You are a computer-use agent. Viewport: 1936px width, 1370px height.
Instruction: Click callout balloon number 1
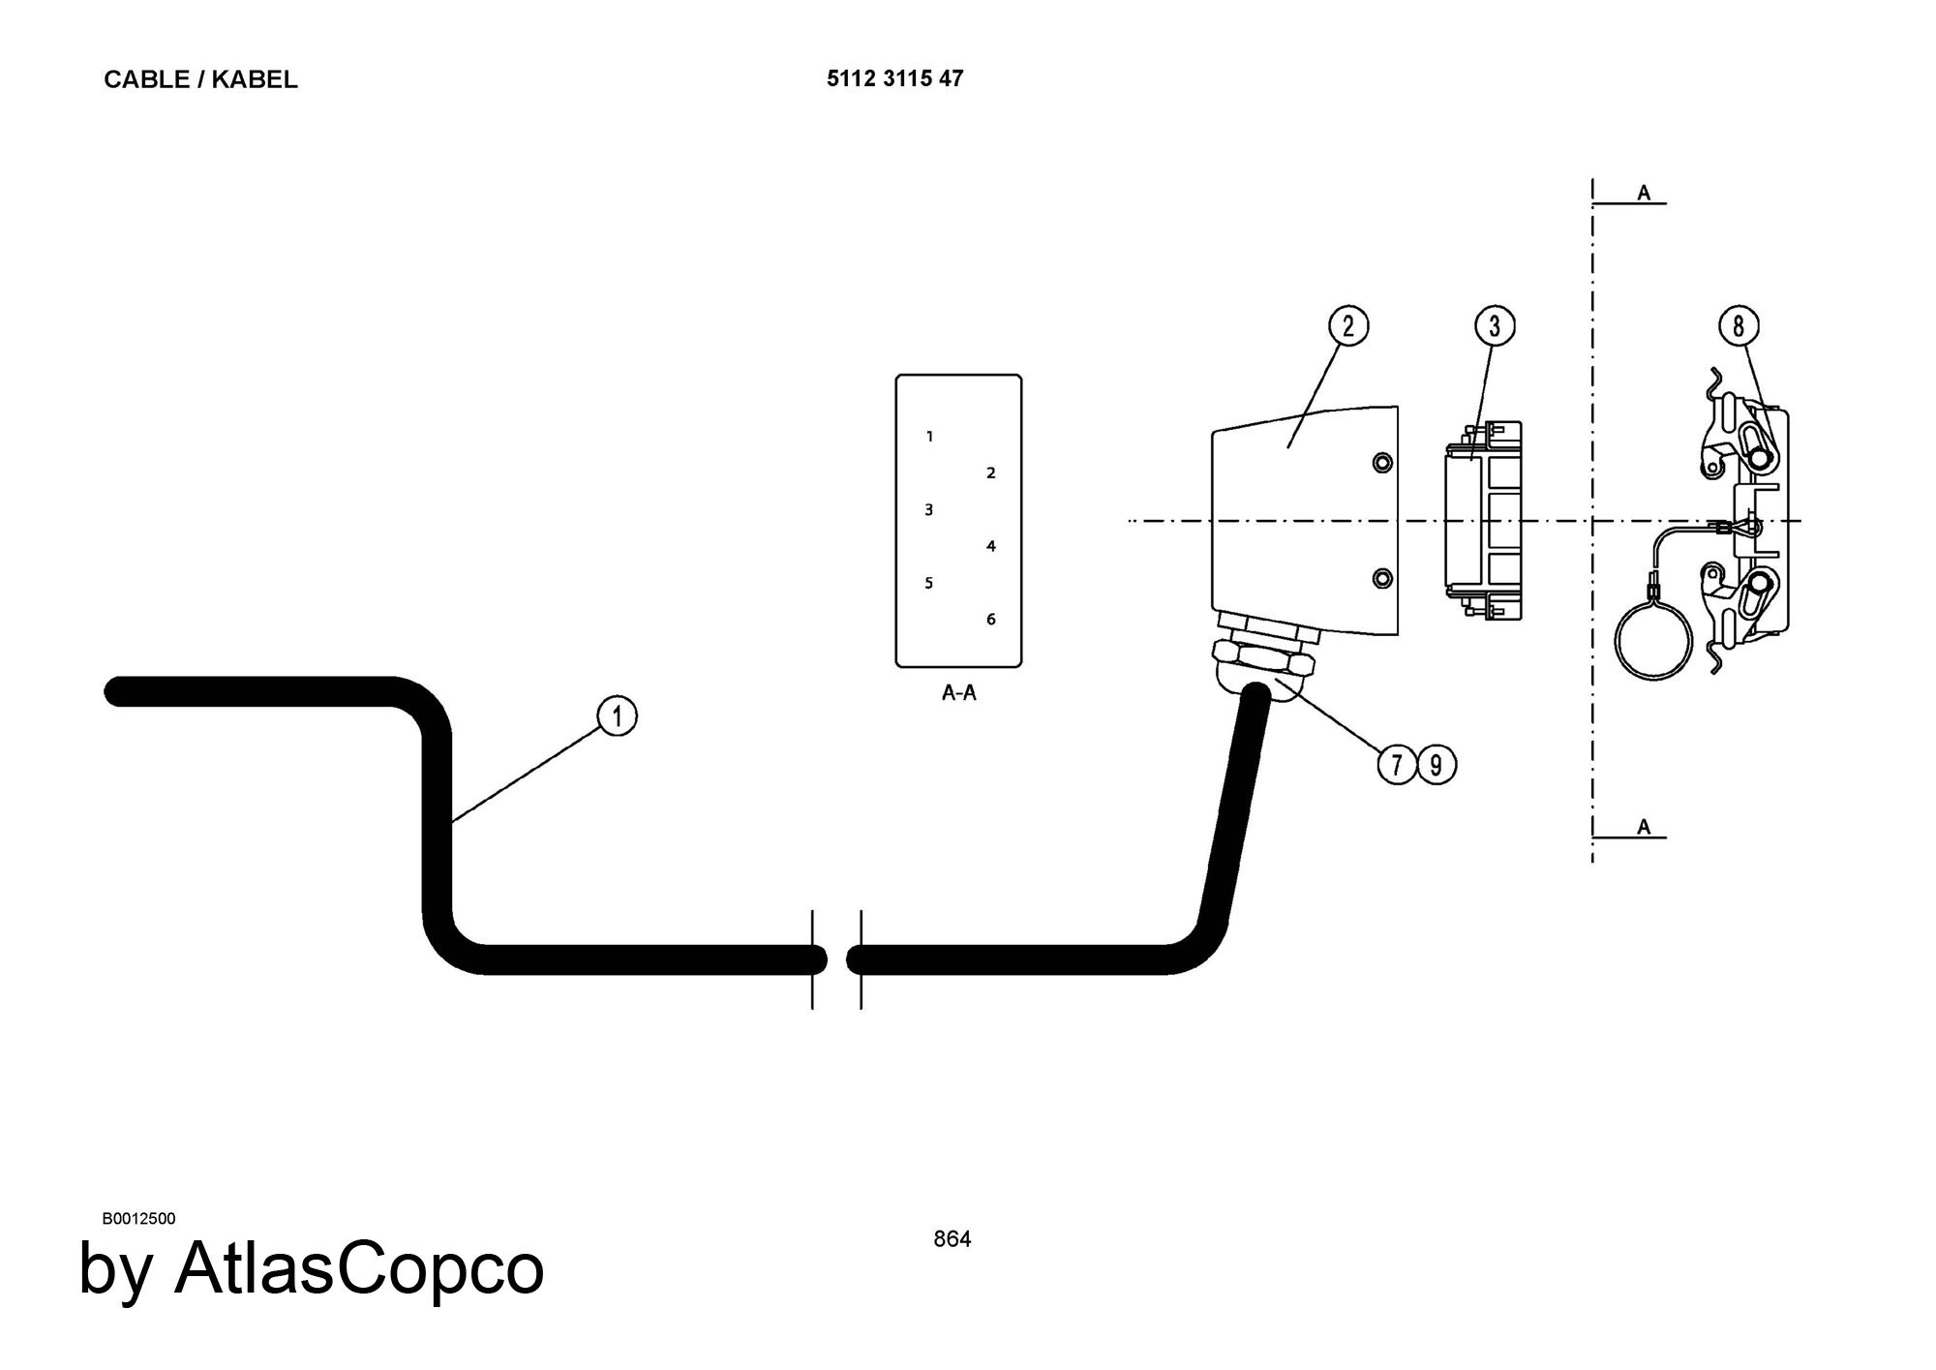click(618, 716)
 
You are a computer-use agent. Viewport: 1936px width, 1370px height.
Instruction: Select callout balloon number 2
click(1348, 325)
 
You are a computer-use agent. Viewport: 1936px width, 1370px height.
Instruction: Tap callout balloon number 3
click(1495, 325)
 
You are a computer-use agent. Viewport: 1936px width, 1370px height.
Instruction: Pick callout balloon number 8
click(1738, 325)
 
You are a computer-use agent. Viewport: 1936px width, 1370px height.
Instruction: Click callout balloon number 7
click(1397, 765)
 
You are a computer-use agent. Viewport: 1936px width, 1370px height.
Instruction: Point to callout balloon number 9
click(1437, 765)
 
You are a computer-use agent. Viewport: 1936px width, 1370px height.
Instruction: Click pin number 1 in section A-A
click(929, 437)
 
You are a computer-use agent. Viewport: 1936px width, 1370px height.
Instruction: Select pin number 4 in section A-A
click(990, 546)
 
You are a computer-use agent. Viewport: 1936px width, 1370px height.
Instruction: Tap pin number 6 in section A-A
click(990, 620)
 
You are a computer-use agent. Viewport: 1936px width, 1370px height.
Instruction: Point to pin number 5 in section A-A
click(929, 583)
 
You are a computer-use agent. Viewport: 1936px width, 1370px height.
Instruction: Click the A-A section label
click(958, 693)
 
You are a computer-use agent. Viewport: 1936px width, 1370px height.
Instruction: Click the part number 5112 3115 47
click(894, 78)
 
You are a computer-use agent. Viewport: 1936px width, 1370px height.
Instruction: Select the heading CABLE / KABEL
click(200, 79)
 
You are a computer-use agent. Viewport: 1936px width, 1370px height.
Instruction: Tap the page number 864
click(952, 1239)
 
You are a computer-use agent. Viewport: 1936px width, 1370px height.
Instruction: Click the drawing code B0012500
click(138, 1218)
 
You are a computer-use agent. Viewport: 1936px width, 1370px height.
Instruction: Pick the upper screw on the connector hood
click(1383, 462)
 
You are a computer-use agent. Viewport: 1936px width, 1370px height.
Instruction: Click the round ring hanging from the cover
click(1654, 641)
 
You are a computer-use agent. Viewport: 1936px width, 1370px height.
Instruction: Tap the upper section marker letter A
click(1644, 194)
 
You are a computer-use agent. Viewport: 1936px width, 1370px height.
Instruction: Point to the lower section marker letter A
click(1644, 827)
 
